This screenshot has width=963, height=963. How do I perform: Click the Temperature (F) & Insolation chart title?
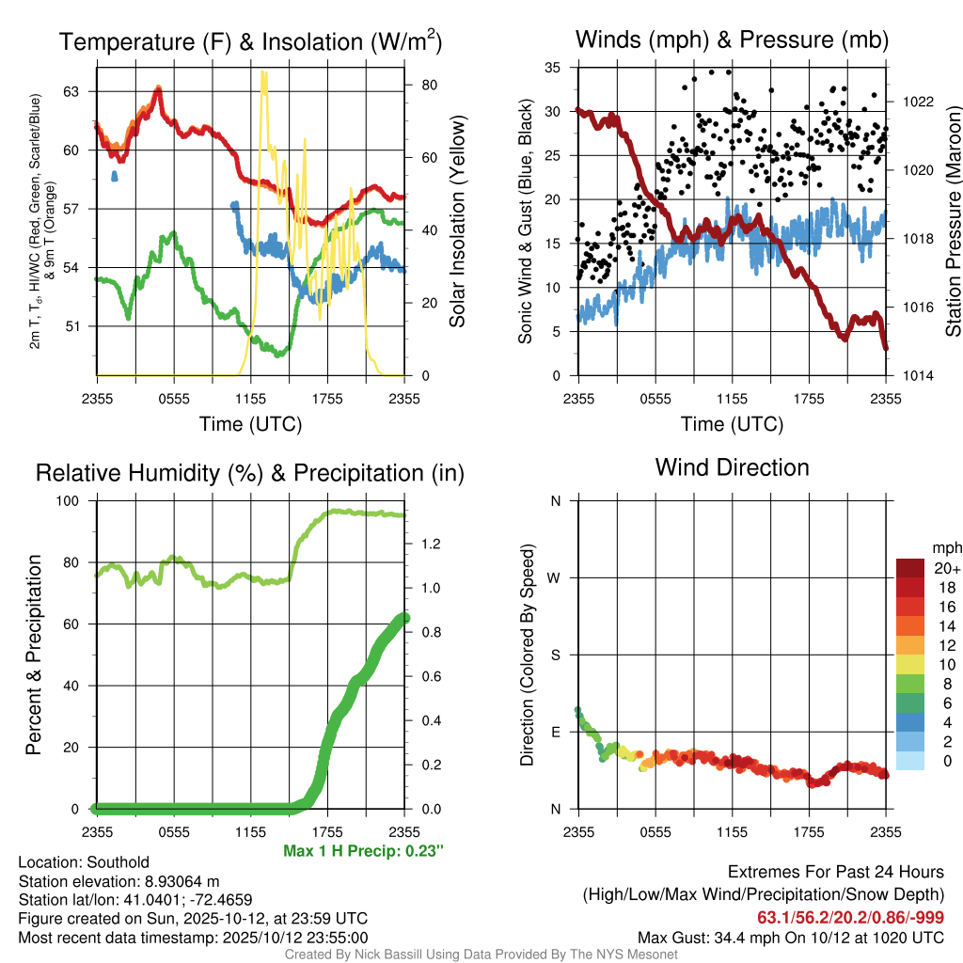pos(250,41)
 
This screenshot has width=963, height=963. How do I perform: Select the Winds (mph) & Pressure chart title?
pos(732,39)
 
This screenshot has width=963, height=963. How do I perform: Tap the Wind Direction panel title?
pos(732,467)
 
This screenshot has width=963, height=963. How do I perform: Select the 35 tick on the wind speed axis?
pos(553,68)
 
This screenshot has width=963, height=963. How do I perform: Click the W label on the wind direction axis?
pos(555,577)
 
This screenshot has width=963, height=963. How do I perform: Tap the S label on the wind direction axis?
pos(555,655)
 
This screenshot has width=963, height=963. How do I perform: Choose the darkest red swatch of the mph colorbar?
pos(912,568)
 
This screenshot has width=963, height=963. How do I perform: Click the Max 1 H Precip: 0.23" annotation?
pos(363,851)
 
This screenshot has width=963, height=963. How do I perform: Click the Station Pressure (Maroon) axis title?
pos(952,221)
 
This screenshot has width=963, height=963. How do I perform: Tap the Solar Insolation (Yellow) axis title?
pos(458,221)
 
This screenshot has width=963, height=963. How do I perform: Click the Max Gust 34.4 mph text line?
pos(790,937)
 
